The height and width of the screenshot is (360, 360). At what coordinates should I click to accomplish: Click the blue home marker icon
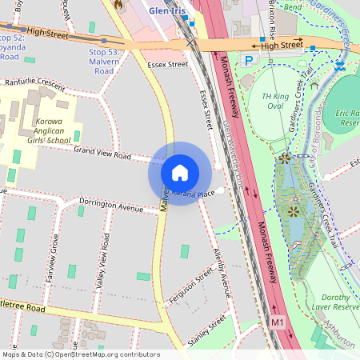180,173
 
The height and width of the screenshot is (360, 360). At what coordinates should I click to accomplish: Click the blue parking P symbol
249,60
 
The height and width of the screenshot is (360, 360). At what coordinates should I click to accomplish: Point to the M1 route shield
277,322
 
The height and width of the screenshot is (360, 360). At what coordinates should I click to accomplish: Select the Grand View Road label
102,152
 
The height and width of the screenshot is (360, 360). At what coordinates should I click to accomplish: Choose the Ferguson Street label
191,286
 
